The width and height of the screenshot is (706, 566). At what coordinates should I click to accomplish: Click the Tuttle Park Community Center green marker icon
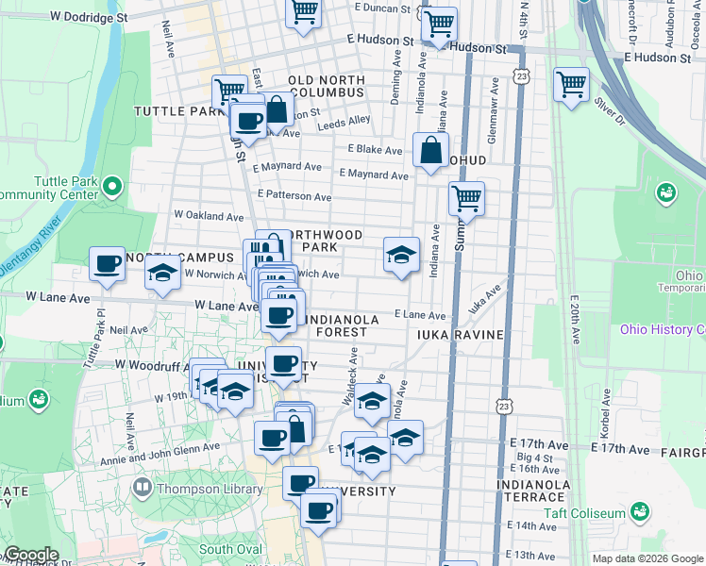click(112, 184)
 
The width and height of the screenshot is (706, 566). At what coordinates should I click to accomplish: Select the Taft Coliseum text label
click(583, 513)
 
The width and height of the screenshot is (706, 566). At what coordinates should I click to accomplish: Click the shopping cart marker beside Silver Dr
click(571, 84)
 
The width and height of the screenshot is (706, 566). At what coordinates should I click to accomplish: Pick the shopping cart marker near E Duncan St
click(304, 13)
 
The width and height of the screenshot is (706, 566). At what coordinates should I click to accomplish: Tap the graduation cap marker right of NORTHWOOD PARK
click(401, 254)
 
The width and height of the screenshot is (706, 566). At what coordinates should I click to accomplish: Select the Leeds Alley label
click(345, 121)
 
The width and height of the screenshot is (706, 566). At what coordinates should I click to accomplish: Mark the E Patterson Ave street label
click(294, 196)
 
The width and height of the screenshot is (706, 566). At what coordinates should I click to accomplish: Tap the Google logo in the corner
click(30, 555)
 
